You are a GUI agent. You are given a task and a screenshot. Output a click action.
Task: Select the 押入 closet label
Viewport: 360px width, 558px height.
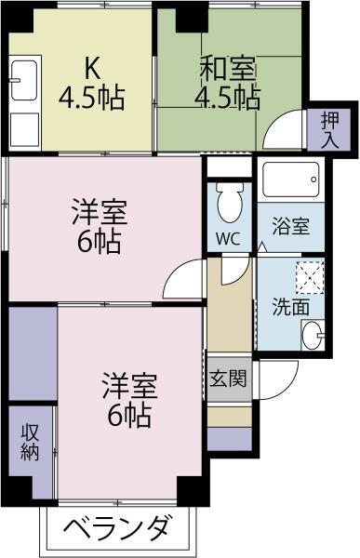[329, 129]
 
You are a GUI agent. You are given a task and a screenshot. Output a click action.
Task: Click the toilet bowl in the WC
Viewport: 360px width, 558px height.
[230, 203]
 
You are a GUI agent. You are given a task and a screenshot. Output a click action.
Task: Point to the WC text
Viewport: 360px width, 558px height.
[228, 239]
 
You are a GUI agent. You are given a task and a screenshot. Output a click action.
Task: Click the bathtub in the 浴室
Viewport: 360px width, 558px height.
[290, 179]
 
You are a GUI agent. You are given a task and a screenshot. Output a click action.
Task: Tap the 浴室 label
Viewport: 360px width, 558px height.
[291, 226]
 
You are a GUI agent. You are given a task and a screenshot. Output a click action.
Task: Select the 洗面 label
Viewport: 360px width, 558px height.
[290, 306]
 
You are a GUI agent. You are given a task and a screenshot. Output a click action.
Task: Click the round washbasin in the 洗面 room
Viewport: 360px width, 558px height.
[313, 335]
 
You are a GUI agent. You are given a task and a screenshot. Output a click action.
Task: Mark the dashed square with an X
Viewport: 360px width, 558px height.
[310, 277]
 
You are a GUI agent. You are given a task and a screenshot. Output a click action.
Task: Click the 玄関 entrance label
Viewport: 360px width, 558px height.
[228, 378]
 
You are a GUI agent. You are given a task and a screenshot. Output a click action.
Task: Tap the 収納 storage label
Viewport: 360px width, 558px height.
[30, 442]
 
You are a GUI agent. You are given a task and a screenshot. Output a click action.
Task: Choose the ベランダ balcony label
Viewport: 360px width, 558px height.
[116, 527]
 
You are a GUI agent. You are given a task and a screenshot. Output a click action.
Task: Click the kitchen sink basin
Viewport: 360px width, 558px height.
[24, 80]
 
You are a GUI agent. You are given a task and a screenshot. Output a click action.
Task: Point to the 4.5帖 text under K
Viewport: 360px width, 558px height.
[91, 97]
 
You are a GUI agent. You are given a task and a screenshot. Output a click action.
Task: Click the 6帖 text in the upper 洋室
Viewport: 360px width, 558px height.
[99, 241]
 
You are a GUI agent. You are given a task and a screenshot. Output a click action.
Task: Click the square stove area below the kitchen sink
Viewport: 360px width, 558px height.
[24, 129]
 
